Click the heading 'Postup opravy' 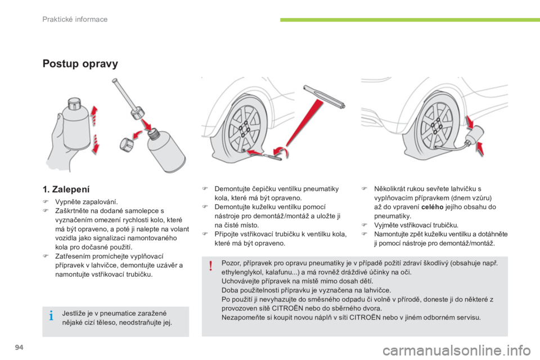click(x=80, y=64)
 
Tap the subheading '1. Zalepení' click(x=66, y=189)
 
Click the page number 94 click(x=19, y=347)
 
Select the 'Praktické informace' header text click(x=75, y=19)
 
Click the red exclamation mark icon click(x=211, y=266)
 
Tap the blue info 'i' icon click(x=51, y=315)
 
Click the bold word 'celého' click(x=432, y=207)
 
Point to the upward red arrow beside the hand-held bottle click(x=94, y=115)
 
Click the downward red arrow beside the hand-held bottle click(x=96, y=144)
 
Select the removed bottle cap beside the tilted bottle click(x=127, y=145)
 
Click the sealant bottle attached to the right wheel click(x=475, y=134)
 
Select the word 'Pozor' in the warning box click(x=230, y=264)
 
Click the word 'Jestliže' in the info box click(x=74, y=313)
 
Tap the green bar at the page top click(x=410, y=20)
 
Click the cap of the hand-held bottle click(x=74, y=103)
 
